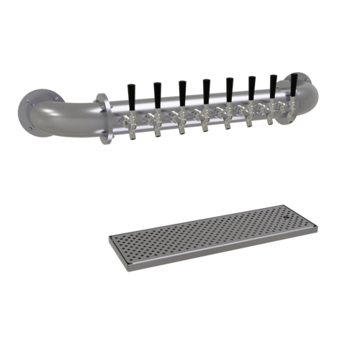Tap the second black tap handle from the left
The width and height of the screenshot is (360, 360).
point(156,92)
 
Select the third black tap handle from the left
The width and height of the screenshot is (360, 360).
point(181,90)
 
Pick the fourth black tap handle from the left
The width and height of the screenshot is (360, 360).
point(206,89)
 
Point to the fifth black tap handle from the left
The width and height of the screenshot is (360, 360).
point(230,86)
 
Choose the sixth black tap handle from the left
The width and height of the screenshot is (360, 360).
point(252,85)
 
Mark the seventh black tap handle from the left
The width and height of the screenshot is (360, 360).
point(274,84)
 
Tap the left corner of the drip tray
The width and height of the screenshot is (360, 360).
point(108,238)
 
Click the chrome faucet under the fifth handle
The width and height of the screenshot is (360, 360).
point(229,117)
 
